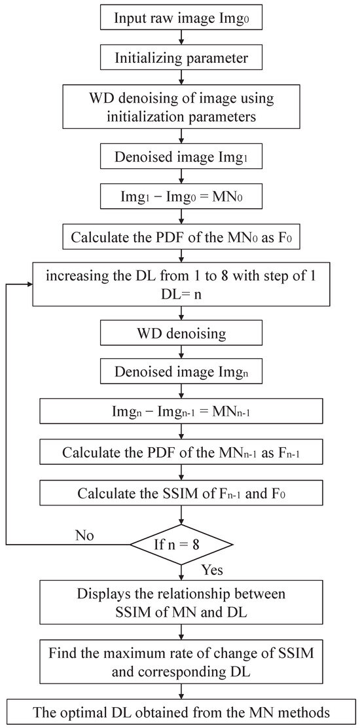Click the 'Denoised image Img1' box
[181, 157]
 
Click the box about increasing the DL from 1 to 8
[181, 285]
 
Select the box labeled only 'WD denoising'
[181, 334]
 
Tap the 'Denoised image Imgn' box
[181, 374]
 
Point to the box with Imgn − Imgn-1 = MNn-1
[181, 413]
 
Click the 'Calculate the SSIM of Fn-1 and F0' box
[181, 492]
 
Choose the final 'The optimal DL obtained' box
[181, 712]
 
